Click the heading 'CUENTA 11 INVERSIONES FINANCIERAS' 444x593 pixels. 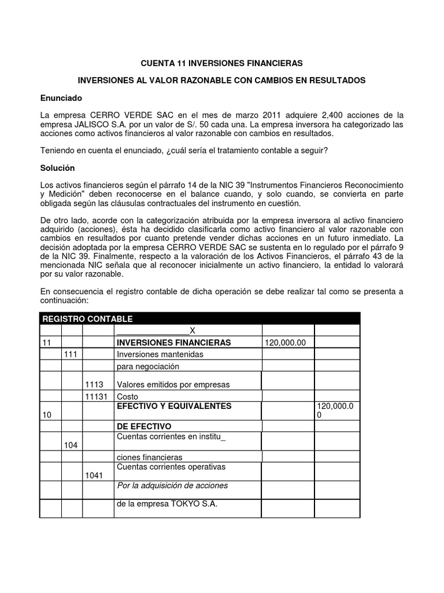coord(222,62)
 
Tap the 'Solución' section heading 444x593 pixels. coord(58,168)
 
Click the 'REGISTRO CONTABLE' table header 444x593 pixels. coord(88,319)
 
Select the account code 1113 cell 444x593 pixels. coord(94,385)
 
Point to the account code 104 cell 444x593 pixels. coord(71,444)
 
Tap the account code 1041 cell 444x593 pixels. coord(94,475)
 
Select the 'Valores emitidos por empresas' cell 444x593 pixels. coord(173,385)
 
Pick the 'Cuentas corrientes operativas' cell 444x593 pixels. coord(171,467)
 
